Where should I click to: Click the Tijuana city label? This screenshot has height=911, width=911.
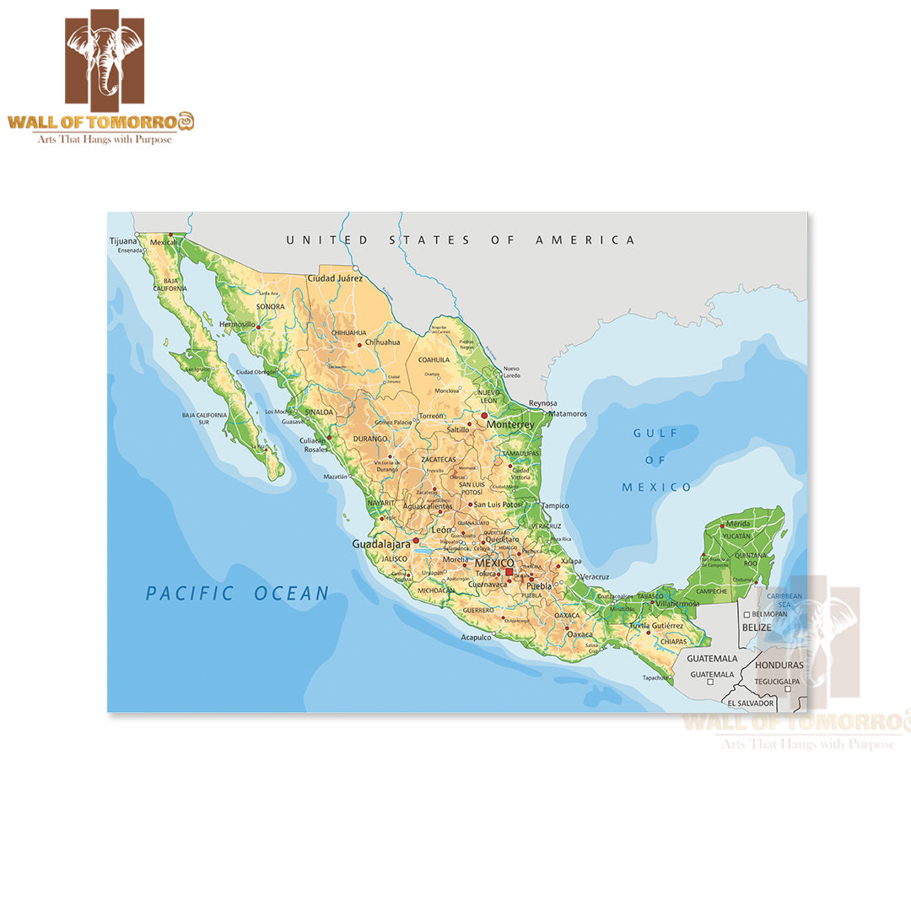(122, 241)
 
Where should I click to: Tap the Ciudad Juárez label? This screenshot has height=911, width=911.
(335, 278)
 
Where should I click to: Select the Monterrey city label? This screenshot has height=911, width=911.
(510, 424)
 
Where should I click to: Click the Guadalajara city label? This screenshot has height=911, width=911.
(380, 544)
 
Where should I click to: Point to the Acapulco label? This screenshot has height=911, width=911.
(476, 638)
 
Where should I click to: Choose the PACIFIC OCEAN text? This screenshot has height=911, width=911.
(237, 594)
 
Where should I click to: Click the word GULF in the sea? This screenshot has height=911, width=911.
(655, 433)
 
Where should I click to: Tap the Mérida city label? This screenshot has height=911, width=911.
(737, 524)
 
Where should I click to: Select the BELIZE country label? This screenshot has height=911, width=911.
(757, 628)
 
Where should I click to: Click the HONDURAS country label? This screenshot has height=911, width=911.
(779, 665)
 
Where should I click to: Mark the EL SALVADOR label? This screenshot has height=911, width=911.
(750, 703)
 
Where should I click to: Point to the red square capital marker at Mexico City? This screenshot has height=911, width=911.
(509, 571)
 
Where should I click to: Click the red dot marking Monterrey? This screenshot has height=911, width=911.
(484, 415)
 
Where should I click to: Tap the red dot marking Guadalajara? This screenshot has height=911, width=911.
(416, 541)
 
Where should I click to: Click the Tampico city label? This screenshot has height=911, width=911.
(555, 506)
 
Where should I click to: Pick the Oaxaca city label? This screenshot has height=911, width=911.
(579, 633)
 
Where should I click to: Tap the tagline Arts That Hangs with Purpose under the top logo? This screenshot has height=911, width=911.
(104, 139)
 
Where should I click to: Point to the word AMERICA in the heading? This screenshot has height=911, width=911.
(585, 240)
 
